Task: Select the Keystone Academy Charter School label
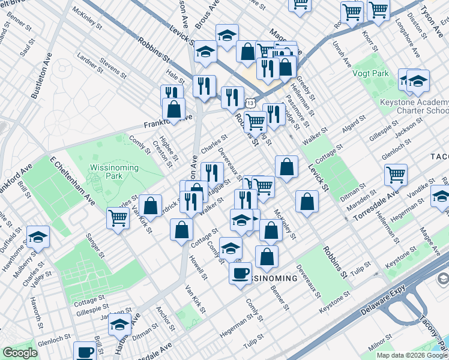pyautogui.click(x=414, y=107)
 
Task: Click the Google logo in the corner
pyautogui.click(x=20, y=353)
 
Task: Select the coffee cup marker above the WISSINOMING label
pyautogui.click(x=240, y=274)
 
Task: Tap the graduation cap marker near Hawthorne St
pyautogui.click(x=38, y=237)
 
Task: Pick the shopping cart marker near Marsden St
pyautogui.click(x=396, y=175)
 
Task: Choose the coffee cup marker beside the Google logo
pyautogui.click(x=85, y=352)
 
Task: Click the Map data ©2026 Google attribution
pyautogui.click(x=412, y=355)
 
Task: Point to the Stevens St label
pyautogui.click(x=113, y=69)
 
